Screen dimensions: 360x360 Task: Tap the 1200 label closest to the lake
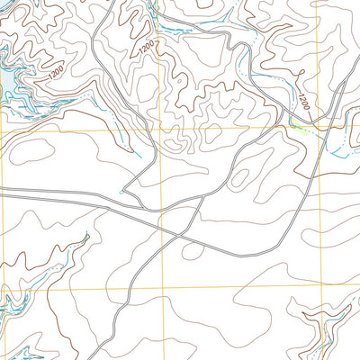click(56, 70)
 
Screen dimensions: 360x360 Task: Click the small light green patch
click(295, 127)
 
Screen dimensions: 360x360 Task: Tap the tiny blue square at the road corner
click(121, 192)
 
